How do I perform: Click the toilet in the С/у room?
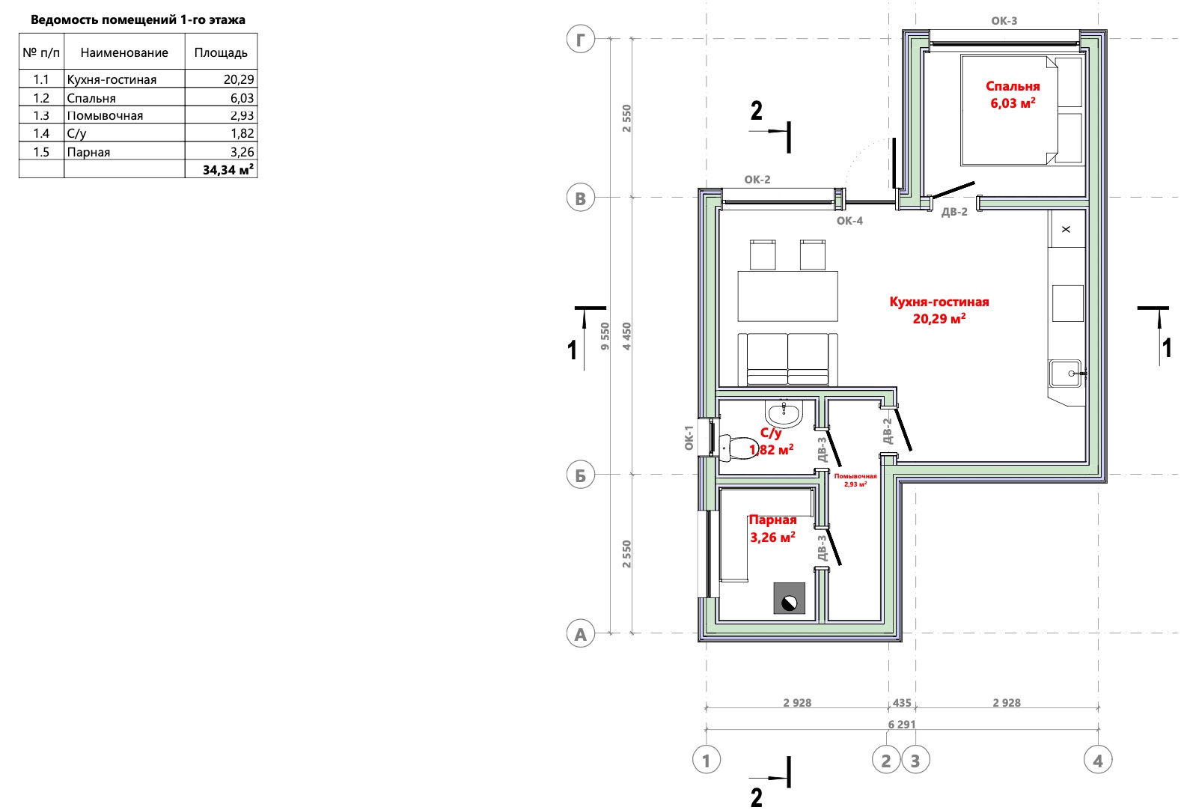[738, 447]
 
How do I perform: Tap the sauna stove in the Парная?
[789, 598]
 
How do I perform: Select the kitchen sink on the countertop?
[1066, 374]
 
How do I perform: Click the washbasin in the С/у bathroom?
[784, 413]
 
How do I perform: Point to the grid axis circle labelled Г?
[581, 39]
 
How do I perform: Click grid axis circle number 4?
[1098, 761]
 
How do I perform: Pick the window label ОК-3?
[1004, 20]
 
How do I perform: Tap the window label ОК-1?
[689, 438]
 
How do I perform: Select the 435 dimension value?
[902, 702]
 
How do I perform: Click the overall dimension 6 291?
[902, 724]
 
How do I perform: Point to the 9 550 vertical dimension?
[605, 336]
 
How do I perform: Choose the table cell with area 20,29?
[221, 79]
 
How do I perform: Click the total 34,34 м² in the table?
[228, 169]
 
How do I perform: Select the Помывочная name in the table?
[105, 115]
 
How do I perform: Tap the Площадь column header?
[221, 52]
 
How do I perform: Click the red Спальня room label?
[1013, 86]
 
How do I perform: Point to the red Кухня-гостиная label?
[939, 302]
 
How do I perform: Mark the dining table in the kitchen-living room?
[787, 296]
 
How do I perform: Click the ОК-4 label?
[849, 220]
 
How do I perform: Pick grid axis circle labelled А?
[581, 633]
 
